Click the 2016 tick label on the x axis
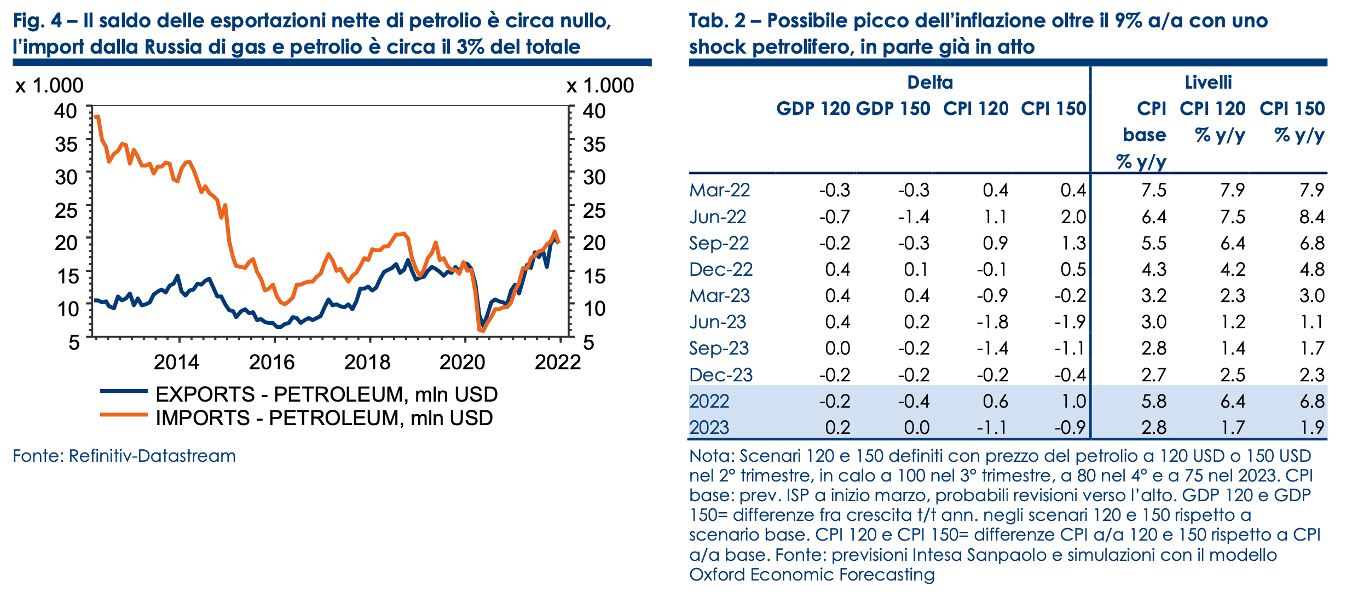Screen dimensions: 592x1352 [271, 362]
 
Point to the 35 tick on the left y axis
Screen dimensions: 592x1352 [66, 144]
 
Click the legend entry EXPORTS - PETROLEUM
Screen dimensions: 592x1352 [326, 394]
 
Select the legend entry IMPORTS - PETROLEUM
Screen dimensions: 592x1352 [324, 418]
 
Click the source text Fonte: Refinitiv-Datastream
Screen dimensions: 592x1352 [124, 456]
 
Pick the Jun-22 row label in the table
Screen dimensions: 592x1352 [718, 217]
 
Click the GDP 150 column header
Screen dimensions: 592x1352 [893, 109]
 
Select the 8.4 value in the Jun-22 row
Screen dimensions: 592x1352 [1312, 217]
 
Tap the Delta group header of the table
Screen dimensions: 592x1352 [930, 83]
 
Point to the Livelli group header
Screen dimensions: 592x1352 [1208, 83]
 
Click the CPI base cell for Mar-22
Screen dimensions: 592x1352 [1154, 190]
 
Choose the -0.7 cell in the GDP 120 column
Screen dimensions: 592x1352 [835, 217]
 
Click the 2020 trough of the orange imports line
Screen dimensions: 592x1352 [481, 330]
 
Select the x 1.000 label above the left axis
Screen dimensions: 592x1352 [49, 85]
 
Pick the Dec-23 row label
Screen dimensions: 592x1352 [721, 375]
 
